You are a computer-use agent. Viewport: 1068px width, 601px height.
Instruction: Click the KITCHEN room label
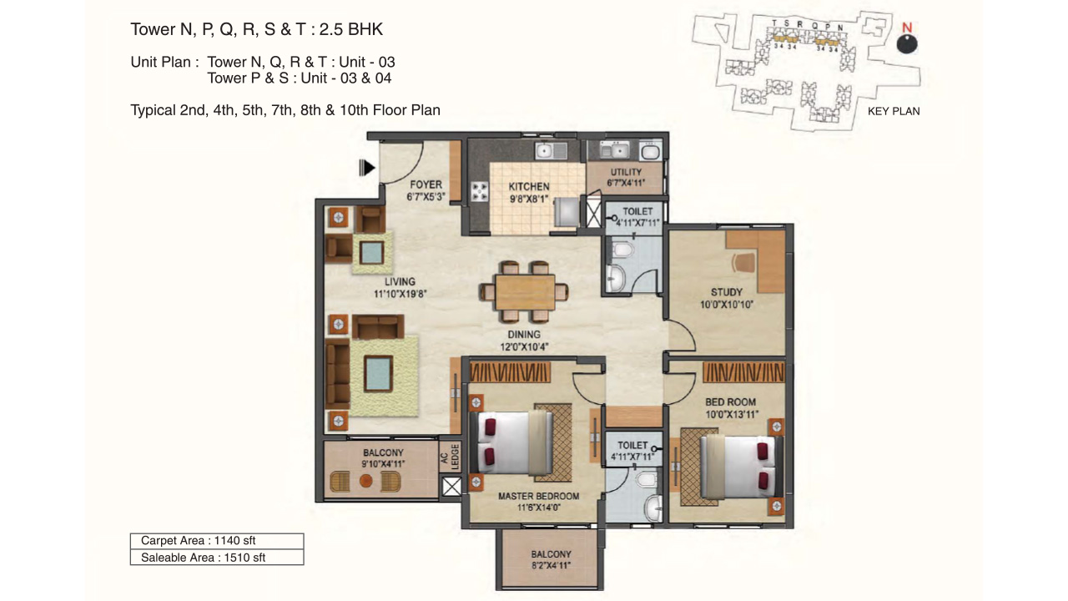[528, 186]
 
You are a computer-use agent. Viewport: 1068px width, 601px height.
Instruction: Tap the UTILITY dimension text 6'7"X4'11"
[626, 183]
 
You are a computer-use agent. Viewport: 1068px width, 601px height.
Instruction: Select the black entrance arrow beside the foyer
[366, 168]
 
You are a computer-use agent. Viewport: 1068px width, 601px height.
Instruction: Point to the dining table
[525, 292]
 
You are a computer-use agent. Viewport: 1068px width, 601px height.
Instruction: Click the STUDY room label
[726, 292]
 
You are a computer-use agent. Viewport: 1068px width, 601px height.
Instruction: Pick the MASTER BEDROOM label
[538, 496]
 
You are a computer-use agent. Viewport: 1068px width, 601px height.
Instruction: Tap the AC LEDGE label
[450, 457]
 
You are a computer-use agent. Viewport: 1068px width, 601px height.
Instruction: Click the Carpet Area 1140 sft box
[217, 541]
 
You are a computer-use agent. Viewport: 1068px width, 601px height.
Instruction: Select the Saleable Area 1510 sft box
[217, 557]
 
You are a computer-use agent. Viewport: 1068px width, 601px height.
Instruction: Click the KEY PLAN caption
[894, 111]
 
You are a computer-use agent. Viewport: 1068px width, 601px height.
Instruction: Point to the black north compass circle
[907, 44]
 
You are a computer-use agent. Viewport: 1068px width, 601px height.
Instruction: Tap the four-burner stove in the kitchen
[480, 192]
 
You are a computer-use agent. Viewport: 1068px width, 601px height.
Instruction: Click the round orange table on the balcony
[365, 481]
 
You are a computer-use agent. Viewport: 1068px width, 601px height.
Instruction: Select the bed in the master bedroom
[511, 443]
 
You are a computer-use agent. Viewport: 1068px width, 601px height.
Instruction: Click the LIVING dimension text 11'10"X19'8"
[400, 294]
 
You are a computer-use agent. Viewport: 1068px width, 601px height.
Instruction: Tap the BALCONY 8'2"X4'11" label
[551, 560]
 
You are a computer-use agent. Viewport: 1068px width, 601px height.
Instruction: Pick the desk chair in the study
[743, 262]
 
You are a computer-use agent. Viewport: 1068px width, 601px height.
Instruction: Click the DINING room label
[524, 335]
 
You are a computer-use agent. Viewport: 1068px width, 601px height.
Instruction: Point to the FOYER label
[426, 184]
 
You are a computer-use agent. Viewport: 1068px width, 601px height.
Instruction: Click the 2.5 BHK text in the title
[351, 29]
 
